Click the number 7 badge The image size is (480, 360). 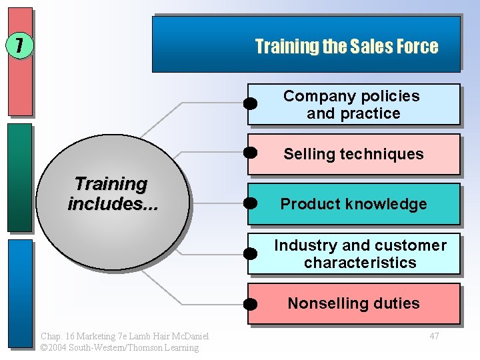(19, 46)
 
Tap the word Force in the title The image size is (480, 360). (417, 47)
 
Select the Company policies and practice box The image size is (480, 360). (353, 105)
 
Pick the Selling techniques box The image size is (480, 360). (353, 154)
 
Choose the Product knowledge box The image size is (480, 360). (353, 204)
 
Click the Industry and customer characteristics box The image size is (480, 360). (353, 254)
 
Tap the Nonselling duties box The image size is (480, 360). (353, 304)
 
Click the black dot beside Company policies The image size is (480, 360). (250, 103)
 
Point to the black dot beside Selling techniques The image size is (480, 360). (250, 152)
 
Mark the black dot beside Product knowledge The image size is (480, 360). (250, 203)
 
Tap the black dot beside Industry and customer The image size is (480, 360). (250, 253)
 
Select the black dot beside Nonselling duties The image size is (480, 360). (250, 305)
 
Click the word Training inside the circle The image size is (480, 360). (111, 183)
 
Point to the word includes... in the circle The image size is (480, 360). (113, 203)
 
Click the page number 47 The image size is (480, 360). (434, 336)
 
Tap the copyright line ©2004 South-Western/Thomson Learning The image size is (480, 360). (119, 347)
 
